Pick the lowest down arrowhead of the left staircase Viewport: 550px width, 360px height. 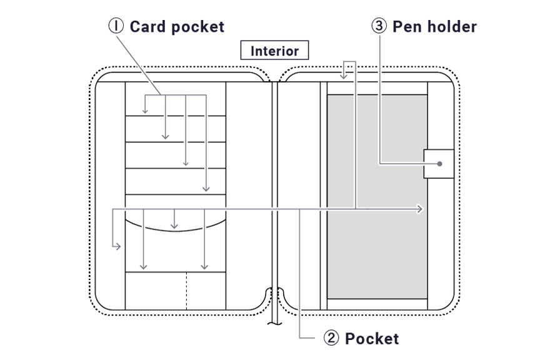(x=202, y=187)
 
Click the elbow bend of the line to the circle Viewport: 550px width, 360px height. (x=381, y=164)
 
